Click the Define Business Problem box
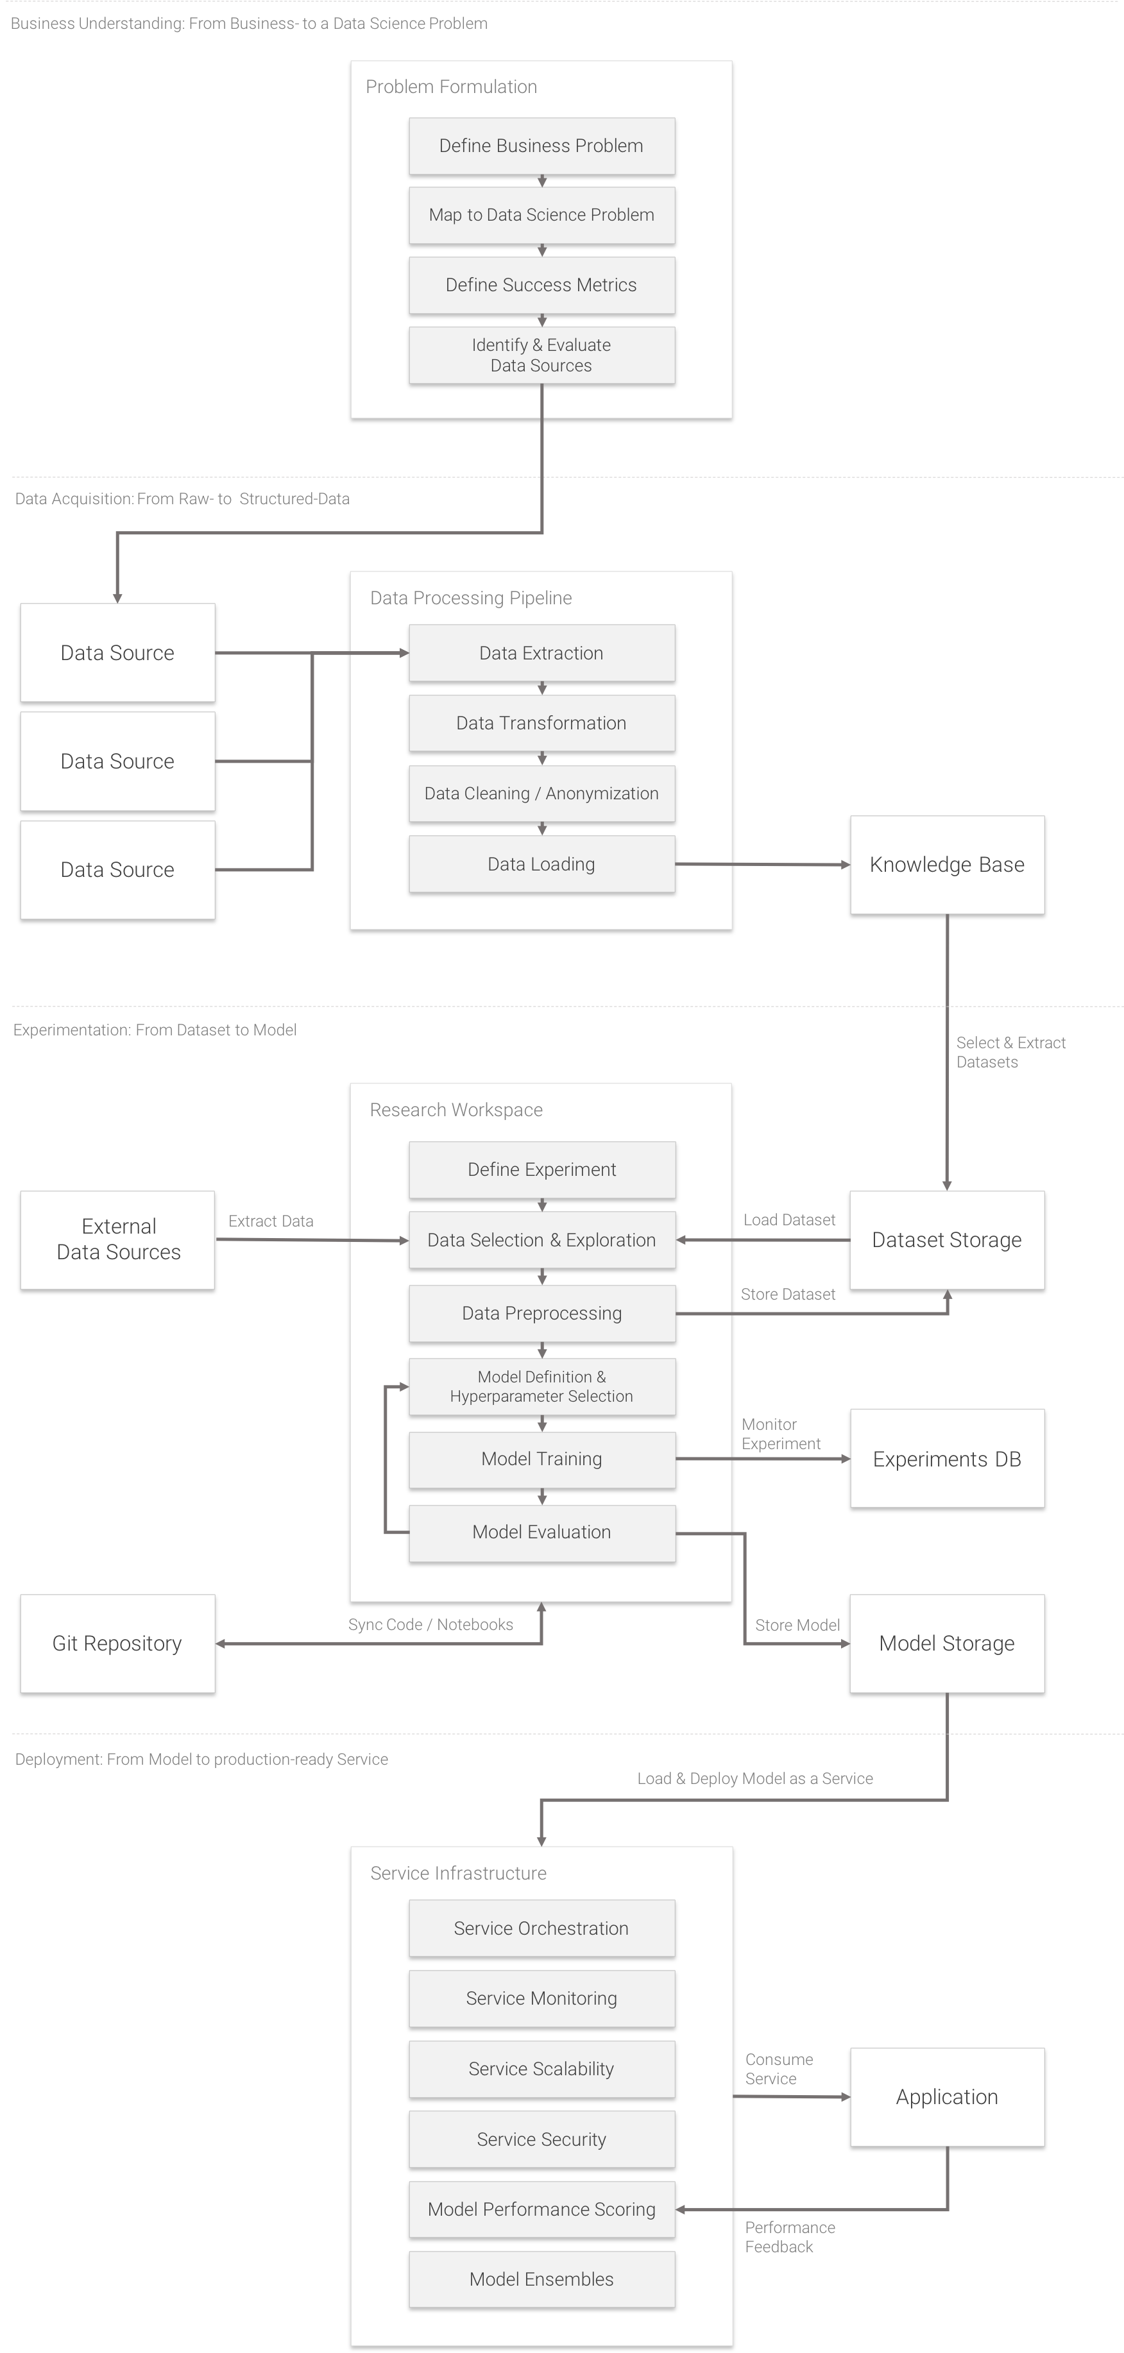click(541, 146)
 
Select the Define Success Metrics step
click(541, 285)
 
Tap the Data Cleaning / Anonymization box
click(541, 793)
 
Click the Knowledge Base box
click(947, 864)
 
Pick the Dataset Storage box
click(947, 1239)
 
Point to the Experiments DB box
click(947, 1459)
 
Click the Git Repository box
click(117, 1644)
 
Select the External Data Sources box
click(118, 1239)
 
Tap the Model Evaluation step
click(541, 1532)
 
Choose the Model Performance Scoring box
click(541, 2209)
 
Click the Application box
click(947, 2096)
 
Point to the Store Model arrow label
click(797, 1625)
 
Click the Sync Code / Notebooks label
click(430, 1624)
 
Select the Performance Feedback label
click(790, 2236)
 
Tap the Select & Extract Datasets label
click(1010, 1052)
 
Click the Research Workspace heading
click(456, 1110)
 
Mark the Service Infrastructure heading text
click(458, 1873)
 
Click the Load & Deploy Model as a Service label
click(755, 1778)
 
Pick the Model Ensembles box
click(541, 2279)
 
